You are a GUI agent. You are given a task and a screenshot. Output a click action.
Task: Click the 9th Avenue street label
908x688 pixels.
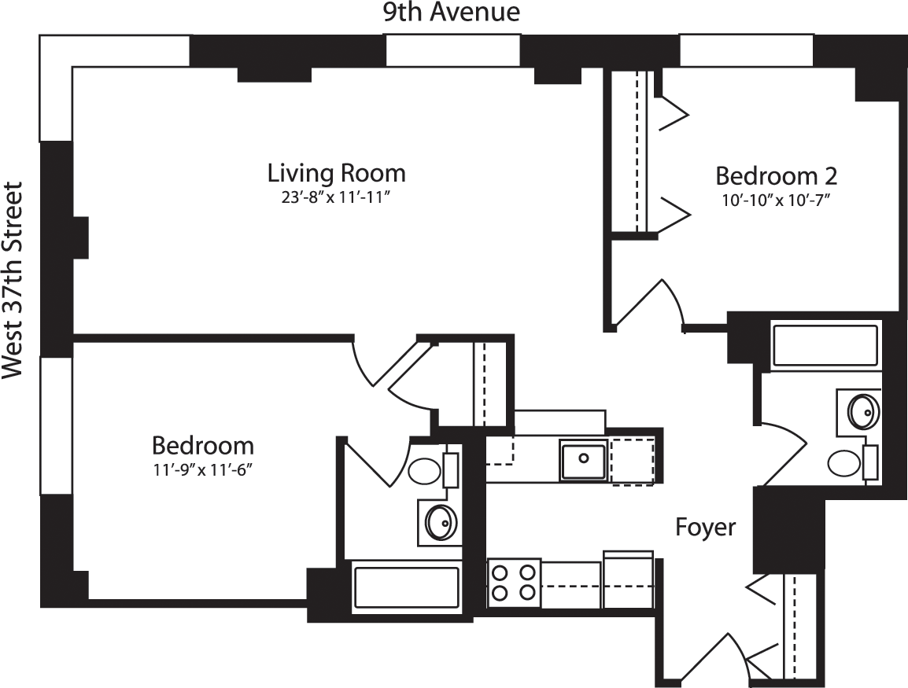point(452,13)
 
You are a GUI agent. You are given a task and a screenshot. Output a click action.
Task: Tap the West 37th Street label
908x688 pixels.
point(13,281)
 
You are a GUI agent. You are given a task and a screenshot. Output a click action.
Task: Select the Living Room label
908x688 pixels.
point(336,172)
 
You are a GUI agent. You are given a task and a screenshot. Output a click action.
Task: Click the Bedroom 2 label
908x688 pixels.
point(775,175)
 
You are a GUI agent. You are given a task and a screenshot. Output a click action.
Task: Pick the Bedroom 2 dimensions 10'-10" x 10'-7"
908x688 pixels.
point(777,200)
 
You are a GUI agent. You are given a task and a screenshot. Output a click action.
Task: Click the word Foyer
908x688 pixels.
point(706,527)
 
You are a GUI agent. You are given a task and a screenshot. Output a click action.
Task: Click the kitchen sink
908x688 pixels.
point(583,460)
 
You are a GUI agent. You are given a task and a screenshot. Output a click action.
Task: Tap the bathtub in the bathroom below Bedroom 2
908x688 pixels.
point(825,346)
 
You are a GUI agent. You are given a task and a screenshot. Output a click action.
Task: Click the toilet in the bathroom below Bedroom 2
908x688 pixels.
point(845,462)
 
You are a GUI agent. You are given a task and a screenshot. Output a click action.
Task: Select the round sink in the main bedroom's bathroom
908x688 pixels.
point(441,521)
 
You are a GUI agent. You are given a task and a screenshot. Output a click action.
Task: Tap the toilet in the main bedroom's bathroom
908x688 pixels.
point(426,472)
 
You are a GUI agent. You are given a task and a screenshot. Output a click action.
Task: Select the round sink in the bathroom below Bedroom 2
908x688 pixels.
point(864,410)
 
